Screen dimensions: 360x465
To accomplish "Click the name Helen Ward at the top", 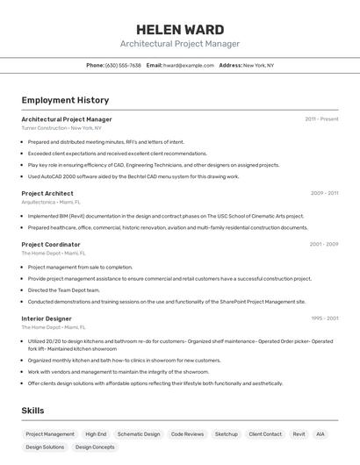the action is click(x=180, y=30).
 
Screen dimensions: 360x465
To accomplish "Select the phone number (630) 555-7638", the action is click(x=123, y=65).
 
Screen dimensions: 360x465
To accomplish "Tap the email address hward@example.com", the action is click(x=189, y=65).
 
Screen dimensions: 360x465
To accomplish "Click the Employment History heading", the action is click(x=65, y=100).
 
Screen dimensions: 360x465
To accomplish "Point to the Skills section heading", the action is click(x=33, y=411).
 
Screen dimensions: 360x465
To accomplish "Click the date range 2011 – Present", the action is click(x=321, y=118).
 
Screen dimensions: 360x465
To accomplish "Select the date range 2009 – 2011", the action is click(x=324, y=193).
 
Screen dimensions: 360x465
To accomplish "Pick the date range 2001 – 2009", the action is click(x=323, y=244).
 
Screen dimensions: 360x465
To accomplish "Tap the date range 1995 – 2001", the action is click(x=324, y=318).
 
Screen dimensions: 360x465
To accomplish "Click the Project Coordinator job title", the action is click(x=51, y=244).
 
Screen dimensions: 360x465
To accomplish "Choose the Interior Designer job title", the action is click(x=47, y=318).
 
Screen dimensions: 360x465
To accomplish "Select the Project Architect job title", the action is click(x=47, y=193).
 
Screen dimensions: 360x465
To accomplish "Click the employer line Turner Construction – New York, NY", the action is click(x=61, y=128).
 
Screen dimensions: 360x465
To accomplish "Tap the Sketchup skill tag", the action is click(x=227, y=434).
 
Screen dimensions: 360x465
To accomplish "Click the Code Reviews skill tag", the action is click(x=187, y=434).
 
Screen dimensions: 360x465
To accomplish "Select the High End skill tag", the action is click(x=96, y=434).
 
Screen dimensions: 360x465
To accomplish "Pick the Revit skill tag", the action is click(x=299, y=434).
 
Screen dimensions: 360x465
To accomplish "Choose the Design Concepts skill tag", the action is click(x=95, y=447).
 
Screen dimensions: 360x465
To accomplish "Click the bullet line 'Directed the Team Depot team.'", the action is click(x=64, y=290).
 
